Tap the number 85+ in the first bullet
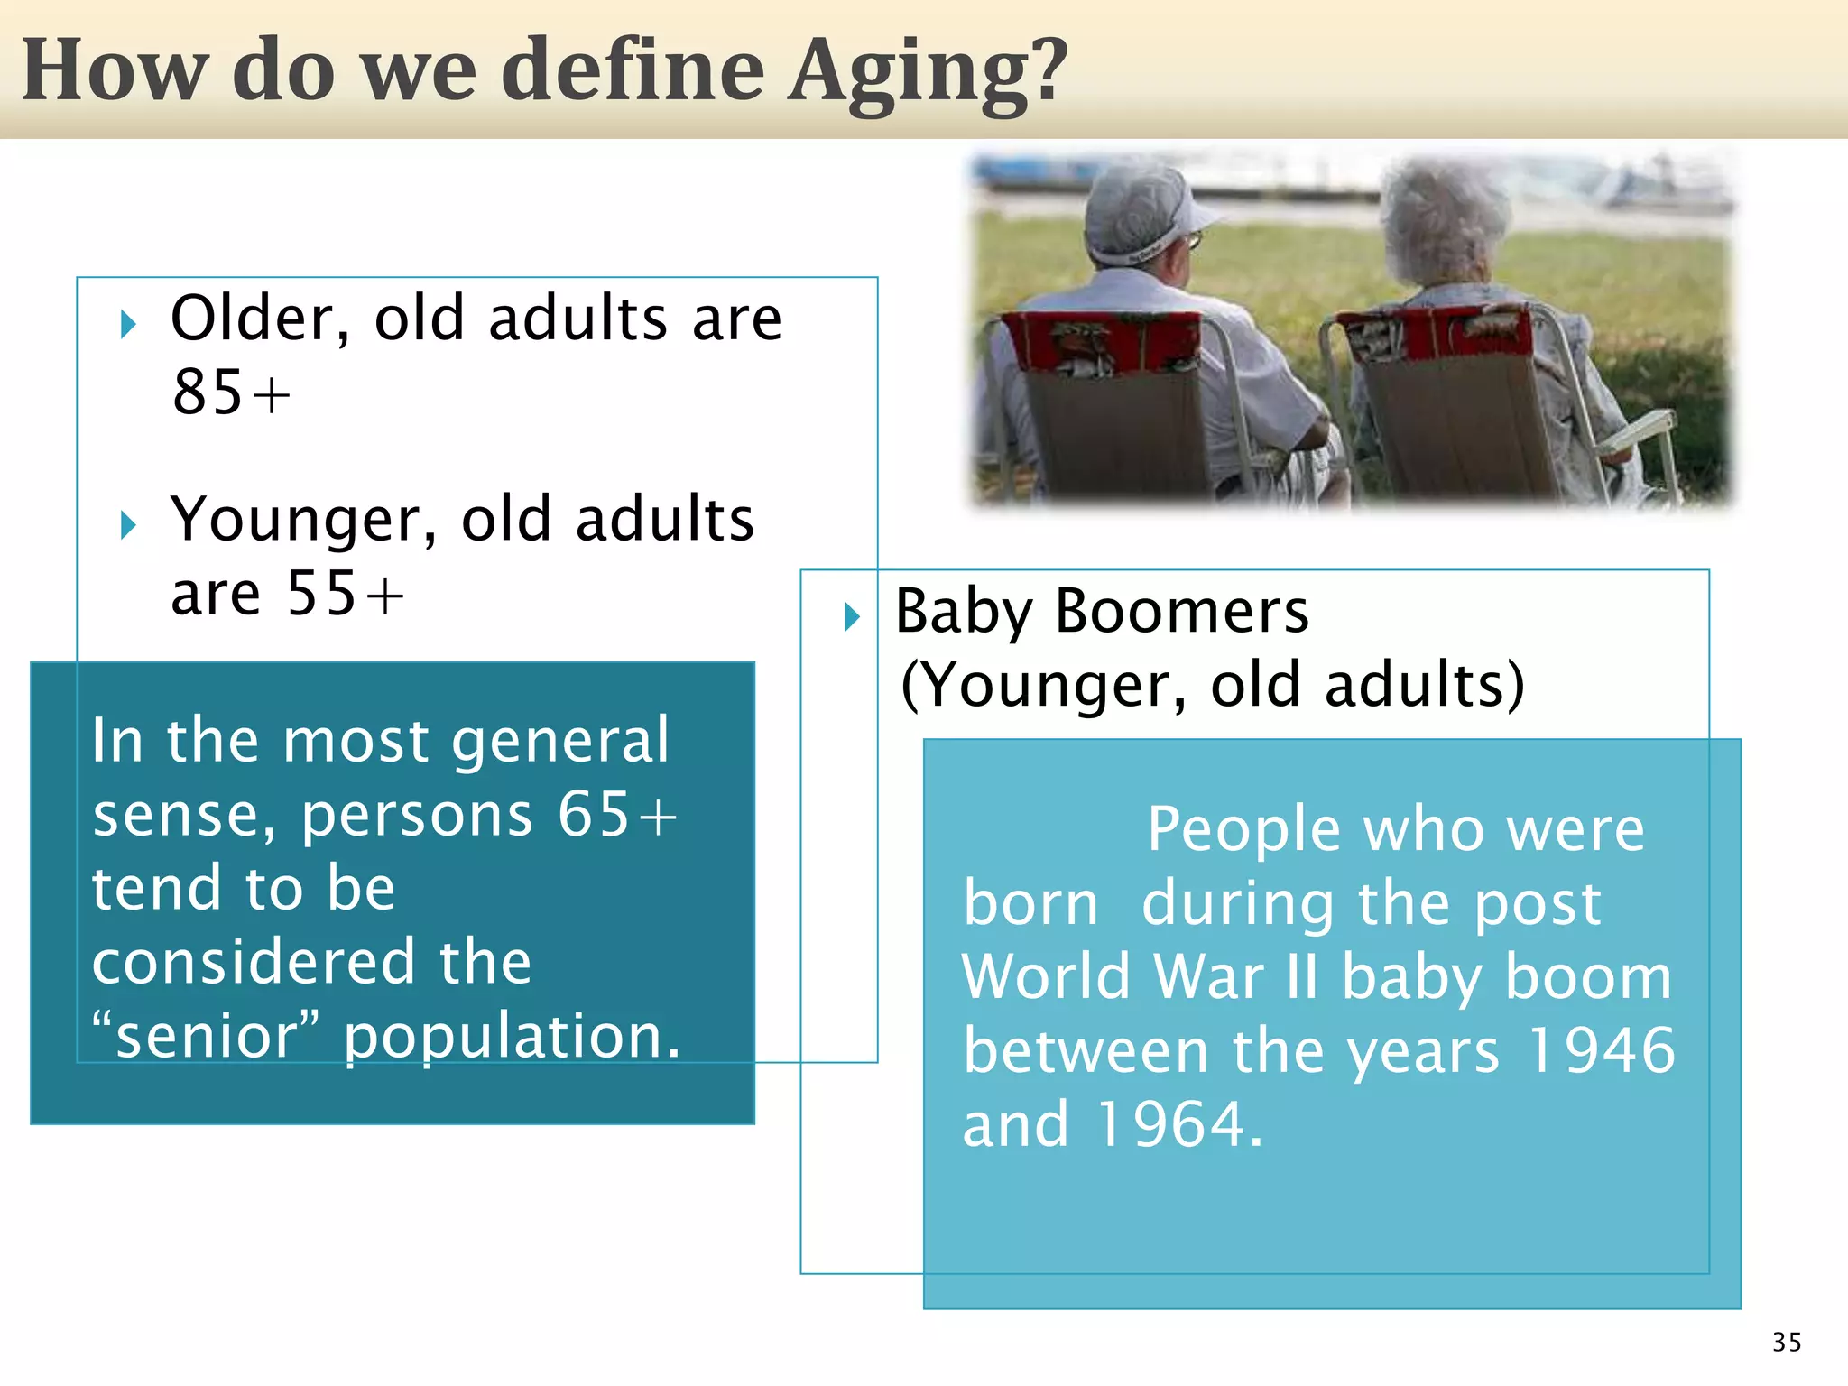(231, 393)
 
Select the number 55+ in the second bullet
(345, 595)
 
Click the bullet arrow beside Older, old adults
(128, 324)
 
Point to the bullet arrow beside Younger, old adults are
(128, 524)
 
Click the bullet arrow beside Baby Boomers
(852, 617)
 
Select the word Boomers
(1181, 612)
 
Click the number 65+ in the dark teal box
(616, 815)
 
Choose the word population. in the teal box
(512, 1037)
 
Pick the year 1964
(1178, 1125)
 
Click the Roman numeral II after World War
(1302, 977)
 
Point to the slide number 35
(1786, 1342)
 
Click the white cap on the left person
(1141, 212)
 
